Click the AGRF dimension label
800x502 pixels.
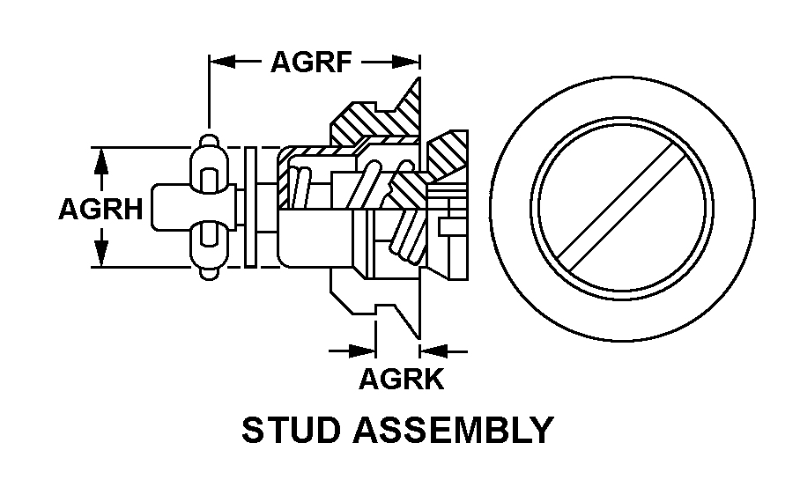tap(311, 63)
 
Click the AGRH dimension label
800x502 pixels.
tap(101, 210)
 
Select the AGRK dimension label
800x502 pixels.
tap(402, 379)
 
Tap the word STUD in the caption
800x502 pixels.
tap(291, 430)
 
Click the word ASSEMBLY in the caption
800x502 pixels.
tap(454, 430)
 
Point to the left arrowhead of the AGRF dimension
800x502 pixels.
tap(222, 63)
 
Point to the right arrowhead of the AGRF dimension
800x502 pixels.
tap(406, 63)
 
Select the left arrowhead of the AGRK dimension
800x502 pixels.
tap(362, 351)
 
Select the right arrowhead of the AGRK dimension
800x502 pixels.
tap(433, 351)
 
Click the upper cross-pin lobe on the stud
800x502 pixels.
tap(209, 165)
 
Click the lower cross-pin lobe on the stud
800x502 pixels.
tap(209, 250)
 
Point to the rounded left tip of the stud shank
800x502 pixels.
tap(153, 207)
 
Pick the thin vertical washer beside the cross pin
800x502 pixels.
tap(250, 207)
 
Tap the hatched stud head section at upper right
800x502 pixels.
tap(447, 153)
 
